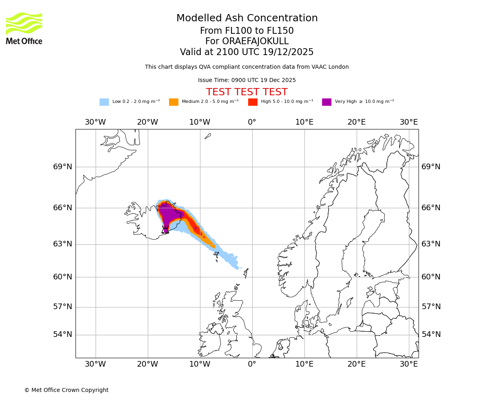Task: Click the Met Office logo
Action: click(24, 29)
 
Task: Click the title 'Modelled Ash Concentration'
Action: click(247, 18)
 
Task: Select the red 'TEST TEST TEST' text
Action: click(247, 92)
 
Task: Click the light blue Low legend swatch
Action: click(104, 102)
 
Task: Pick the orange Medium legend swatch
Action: click(174, 102)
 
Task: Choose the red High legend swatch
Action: click(253, 102)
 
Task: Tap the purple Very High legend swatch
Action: click(327, 102)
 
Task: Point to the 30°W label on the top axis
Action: click(95, 122)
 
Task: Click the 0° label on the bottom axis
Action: click(252, 364)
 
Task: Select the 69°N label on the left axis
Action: click(63, 167)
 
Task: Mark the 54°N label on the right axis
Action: click(431, 334)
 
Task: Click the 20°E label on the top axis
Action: click(356, 122)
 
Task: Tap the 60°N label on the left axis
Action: click(63, 277)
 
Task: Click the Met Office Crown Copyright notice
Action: click(66, 390)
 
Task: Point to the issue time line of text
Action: click(247, 80)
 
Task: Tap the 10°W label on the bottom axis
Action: click(200, 364)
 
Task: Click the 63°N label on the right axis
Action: click(431, 244)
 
